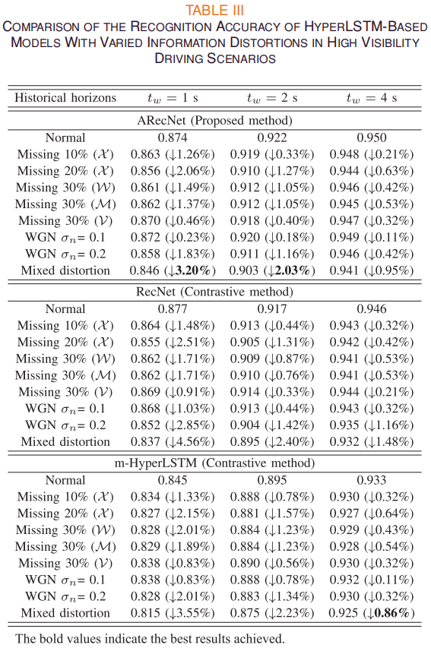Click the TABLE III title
coord(214,10)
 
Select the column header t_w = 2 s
coord(272,98)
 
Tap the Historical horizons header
coord(65,97)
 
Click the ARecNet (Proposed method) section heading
coord(214,121)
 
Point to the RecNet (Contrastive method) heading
coord(214,292)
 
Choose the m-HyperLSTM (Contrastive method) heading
coord(214,463)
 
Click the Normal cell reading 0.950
coord(372,137)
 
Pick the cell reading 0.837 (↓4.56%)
coord(173,441)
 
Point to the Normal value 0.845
coord(173,480)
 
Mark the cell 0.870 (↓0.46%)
coord(173,220)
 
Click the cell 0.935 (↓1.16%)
coord(372,425)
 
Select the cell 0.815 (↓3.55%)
coord(173,613)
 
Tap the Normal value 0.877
coord(173,308)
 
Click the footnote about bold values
coord(150,639)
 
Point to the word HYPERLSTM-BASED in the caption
coord(366,26)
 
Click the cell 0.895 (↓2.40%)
coord(272,441)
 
